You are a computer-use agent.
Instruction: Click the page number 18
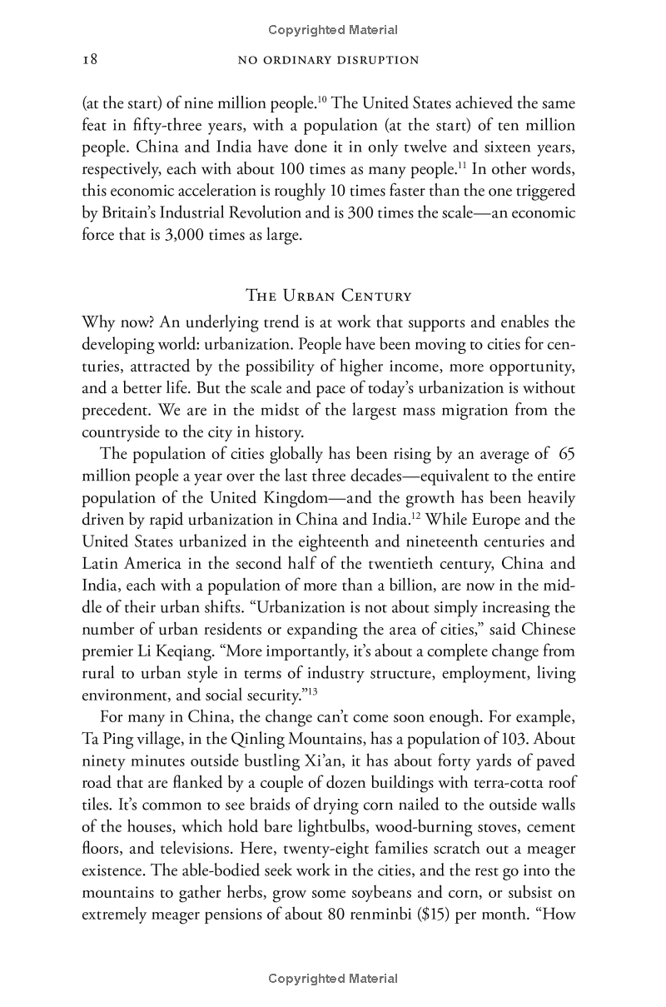click(90, 60)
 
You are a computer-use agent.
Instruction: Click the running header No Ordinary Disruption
click(328, 60)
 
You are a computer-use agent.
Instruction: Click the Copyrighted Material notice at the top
click(333, 30)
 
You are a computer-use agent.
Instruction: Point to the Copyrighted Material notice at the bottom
click(333, 979)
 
